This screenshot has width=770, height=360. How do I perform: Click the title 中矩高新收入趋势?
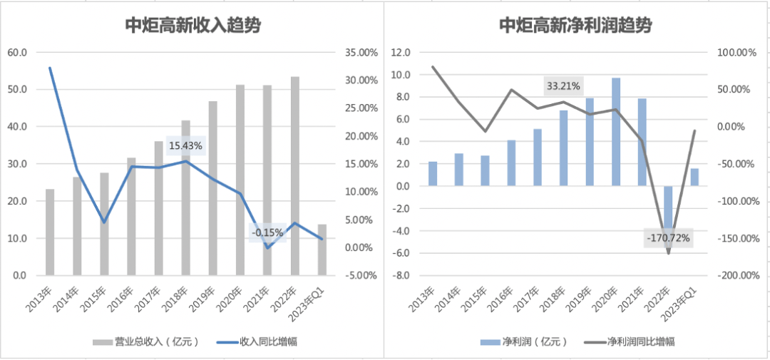pyautogui.click(x=192, y=26)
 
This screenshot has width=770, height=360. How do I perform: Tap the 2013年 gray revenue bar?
pyautogui.click(x=50, y=232)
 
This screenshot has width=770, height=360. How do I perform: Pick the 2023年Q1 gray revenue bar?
pyautogui.click(x=322, y=250)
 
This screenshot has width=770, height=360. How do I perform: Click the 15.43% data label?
pyautogui.click(x=186, y=145)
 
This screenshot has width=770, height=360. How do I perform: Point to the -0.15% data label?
pyautogui.click(x=267, y=232)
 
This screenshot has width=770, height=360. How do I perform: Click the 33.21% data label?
pyautogui.click(x=563, y=86)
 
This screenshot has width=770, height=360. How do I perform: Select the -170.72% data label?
pyautogui.click(x=668, y=237)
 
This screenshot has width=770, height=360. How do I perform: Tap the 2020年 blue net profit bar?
pyautogui.click(x=616, y=132)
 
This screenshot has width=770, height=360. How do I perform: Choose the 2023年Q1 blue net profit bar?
pyautogui.click(x=695, y=177)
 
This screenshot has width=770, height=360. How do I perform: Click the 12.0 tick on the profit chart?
pyautogui.click(x=402, y=53)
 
